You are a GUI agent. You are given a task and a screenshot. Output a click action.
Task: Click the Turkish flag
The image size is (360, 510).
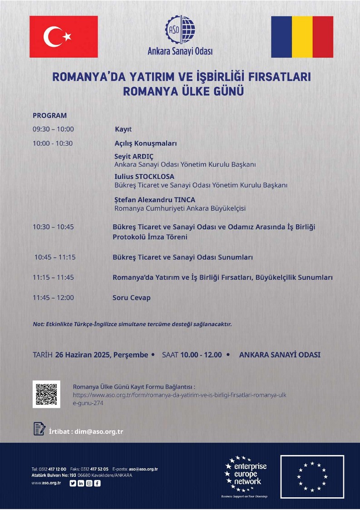click(x=64, y=37)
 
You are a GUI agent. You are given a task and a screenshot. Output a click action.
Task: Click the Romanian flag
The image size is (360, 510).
click(x=302, y=37)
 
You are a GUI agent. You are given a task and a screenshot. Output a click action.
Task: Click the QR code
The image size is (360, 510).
click(x=46, y=394)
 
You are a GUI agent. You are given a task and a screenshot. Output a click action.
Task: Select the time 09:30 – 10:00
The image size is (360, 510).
click(x=53, y=129)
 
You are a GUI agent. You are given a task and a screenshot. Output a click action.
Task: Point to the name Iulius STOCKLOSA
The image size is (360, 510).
click(x=144, y=176)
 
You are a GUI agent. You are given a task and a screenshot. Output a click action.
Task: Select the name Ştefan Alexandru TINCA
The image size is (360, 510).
click(x=155, y=199)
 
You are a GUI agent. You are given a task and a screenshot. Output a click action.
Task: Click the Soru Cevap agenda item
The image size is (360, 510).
click(x=132, y=298)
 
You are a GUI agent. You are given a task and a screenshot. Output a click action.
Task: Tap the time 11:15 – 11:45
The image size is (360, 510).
click(x=53, y=277)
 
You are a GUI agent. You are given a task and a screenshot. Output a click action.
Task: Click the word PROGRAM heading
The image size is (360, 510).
click(x=49, y=115)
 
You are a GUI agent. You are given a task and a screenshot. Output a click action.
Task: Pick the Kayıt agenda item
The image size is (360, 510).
click(x=123, y=129)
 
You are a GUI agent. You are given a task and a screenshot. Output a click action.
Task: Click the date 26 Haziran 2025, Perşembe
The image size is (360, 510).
click(x=101, y=355)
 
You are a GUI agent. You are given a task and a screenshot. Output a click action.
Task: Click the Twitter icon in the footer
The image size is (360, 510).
click(x=73, y=483)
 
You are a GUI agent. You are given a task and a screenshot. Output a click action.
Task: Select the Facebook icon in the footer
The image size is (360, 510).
click(x=97, y=483)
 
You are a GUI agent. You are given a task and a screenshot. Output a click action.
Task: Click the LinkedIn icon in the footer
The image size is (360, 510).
click(x=81, y=483)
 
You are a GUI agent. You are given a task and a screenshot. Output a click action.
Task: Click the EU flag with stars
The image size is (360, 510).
click(x=312, y=476)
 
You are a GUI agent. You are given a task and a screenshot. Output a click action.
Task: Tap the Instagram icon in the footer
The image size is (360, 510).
click(x=89, y=483)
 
